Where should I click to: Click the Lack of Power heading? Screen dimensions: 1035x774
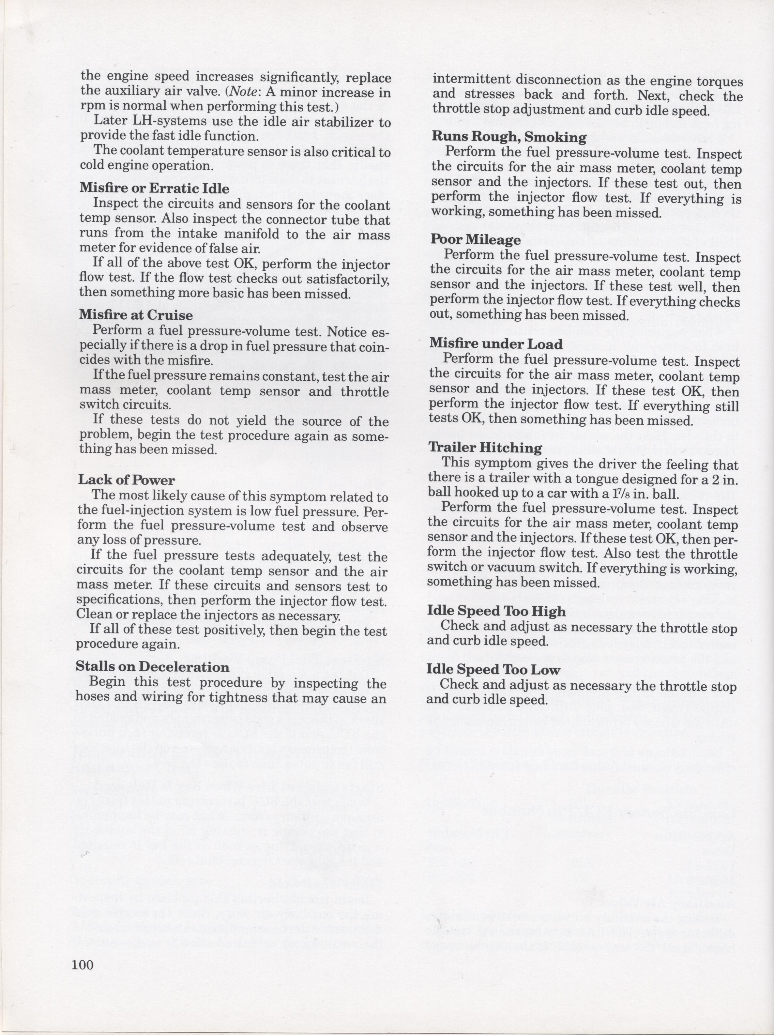(x=126, y=480)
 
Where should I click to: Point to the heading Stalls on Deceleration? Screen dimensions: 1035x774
(x=153, y=666)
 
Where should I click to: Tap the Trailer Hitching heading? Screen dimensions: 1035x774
(x=486, y=448)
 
